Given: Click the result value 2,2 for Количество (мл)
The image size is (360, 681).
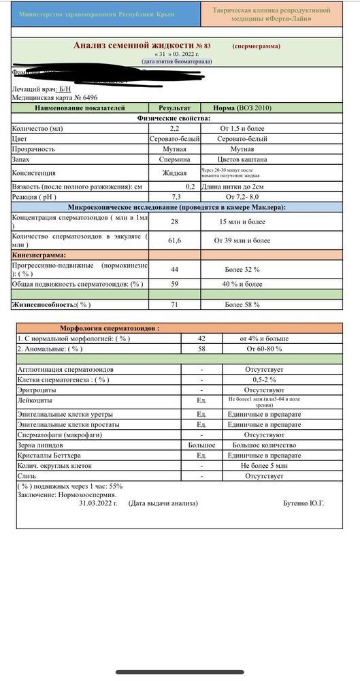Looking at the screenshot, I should click(x=174, y=128).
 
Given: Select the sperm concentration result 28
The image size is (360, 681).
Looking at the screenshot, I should click(x=174, y=222).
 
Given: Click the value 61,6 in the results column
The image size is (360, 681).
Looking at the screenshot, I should click(x=174, y=240).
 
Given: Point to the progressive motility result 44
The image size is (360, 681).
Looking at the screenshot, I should click(x=174, y=269).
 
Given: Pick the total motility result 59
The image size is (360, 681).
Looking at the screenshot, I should click(x=174, y=283).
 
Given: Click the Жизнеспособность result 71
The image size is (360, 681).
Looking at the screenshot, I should click(x=174, y=304).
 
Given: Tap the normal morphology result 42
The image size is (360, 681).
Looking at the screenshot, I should click(x=201, y=338).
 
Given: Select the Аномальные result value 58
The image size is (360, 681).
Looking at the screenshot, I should click(x=201, y=348).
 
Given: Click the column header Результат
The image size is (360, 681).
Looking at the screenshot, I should click(x=174, y=108).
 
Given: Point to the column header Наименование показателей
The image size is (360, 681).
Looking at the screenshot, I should click(x=80, y=108).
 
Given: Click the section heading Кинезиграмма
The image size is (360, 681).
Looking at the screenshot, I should click(x=40, y=255).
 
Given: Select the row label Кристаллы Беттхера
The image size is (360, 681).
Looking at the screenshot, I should click(x=48, y=455).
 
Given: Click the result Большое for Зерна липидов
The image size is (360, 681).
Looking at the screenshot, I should click(x=201, y=445).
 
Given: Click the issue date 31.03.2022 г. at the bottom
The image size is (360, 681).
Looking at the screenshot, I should click(x=98, y=503).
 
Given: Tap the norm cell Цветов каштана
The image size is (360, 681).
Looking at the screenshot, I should click(x=243, y=159).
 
